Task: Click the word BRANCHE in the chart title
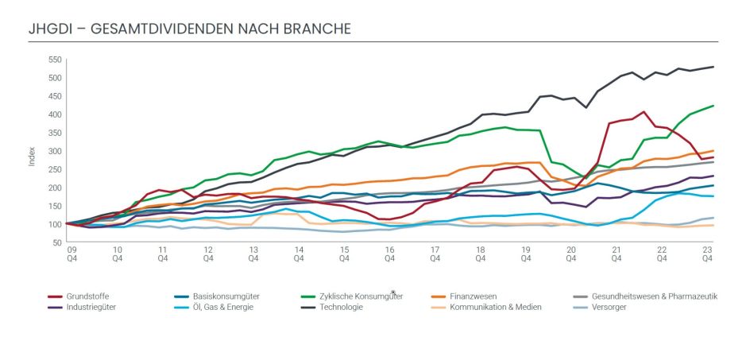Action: tap(315, 29)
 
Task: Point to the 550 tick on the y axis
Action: tap(54, 60)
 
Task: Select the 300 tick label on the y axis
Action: tap(54, 151)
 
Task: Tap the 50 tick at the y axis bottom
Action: tap(56, 242)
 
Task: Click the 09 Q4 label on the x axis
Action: tap(72, 254)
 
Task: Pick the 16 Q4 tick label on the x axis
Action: tap(390, 254)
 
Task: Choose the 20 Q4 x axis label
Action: tap(571, 254)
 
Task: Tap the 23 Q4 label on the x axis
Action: tap(707, 254)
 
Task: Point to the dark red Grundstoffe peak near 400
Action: tap(644, 112)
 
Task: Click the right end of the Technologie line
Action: tap(713, 67)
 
